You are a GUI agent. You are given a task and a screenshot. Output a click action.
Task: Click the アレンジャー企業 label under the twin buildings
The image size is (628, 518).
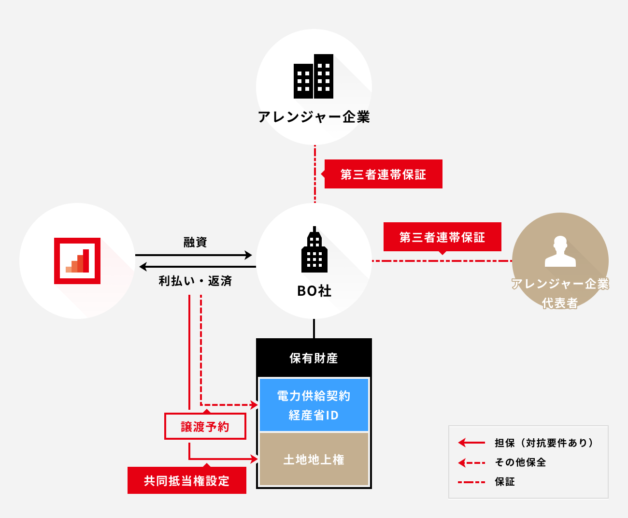(314, 117)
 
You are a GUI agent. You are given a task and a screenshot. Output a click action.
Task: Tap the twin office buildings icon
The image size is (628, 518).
(314, 76)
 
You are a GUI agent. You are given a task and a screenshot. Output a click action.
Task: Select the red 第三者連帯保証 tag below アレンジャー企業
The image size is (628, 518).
(383, 174)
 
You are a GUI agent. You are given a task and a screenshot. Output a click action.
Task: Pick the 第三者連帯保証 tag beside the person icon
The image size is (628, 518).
(442, 237)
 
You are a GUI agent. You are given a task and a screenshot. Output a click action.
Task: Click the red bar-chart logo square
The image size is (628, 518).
(77, 261)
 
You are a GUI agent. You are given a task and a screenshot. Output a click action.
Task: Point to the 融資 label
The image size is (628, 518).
(195, 242)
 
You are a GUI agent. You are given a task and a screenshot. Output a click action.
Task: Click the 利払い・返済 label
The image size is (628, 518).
(195, 281)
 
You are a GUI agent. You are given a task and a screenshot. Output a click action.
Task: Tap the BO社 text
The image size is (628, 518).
(314, 291)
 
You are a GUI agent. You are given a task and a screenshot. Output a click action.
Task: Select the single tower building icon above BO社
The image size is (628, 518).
(314, 250)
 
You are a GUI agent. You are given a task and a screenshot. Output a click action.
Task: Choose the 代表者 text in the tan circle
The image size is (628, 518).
(560, 303)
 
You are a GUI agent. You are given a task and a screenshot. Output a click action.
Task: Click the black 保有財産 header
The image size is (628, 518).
(314, 358)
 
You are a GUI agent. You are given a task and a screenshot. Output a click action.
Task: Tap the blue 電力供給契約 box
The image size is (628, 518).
(314, 405)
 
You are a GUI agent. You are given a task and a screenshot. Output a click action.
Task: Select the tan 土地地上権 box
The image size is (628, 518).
(314, 459)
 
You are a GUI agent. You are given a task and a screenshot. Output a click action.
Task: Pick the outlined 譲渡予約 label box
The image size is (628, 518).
(205, 426)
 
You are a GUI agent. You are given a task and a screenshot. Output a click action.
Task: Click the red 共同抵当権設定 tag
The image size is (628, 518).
(186, 480)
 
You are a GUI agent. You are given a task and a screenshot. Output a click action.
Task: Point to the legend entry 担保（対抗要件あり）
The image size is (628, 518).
(543, 443)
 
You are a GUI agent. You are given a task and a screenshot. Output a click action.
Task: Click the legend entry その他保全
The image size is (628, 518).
(520, 462)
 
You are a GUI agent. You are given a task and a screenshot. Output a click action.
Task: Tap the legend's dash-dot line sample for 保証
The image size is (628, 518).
(471, 482)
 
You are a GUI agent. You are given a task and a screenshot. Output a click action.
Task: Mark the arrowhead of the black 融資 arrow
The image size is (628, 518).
(249, 255)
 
